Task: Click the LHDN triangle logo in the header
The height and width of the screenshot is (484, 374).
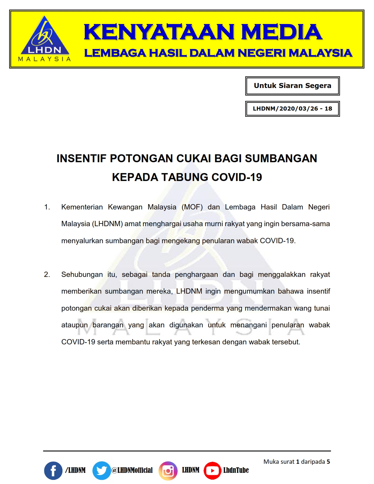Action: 44,38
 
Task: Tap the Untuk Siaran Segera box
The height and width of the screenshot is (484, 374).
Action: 292,86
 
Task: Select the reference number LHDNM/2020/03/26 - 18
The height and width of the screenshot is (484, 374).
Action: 292,109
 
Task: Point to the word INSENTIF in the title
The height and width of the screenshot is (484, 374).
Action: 82,158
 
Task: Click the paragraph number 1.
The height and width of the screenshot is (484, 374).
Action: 47,207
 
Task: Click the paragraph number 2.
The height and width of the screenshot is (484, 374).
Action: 47,275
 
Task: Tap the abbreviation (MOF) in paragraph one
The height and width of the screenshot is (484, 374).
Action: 192,207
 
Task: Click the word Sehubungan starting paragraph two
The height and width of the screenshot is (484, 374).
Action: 82,275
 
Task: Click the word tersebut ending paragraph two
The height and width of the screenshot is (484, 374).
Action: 287,342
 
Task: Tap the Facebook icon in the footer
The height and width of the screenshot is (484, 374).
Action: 53,471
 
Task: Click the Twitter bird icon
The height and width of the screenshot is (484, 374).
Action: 101,471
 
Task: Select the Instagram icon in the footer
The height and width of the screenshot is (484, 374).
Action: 168,471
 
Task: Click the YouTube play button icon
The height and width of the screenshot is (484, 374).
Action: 212,471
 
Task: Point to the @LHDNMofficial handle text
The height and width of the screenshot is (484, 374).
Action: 132,470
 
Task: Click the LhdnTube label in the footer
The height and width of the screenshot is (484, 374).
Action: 236,470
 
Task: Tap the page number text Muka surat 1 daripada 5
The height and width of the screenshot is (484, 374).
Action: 297,462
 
